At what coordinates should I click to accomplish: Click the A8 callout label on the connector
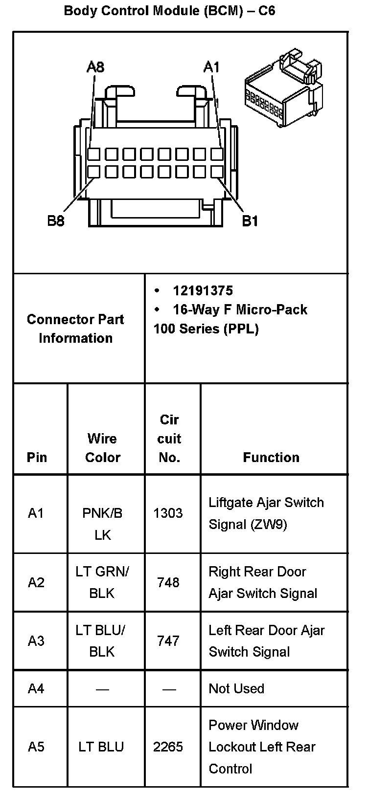point(95,67)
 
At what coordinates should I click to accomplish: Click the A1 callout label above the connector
point(211,67)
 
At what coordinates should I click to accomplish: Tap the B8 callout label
point(55,221)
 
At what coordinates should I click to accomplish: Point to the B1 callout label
point(250,221)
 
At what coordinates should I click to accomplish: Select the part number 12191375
point(203,291)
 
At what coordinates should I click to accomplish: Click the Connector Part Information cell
point(76,329)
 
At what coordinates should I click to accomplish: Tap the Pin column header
point(37,457)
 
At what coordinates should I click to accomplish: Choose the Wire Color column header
point(103,448)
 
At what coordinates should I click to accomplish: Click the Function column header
point(271,457)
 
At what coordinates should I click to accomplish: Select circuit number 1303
point(168,513)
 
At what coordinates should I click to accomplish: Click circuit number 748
point(168,582)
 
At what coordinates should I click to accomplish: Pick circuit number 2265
point(168,747)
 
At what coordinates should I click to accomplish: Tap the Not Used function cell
point(236,688)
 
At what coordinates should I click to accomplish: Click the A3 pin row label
point(36,640)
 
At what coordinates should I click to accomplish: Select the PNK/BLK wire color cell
point(102,524)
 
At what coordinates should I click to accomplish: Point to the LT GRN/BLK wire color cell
point(102,582)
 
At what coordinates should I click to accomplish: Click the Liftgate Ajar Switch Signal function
point(266,513)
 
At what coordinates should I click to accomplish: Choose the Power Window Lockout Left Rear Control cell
point(262,747)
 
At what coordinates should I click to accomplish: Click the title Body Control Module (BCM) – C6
point(170,10)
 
